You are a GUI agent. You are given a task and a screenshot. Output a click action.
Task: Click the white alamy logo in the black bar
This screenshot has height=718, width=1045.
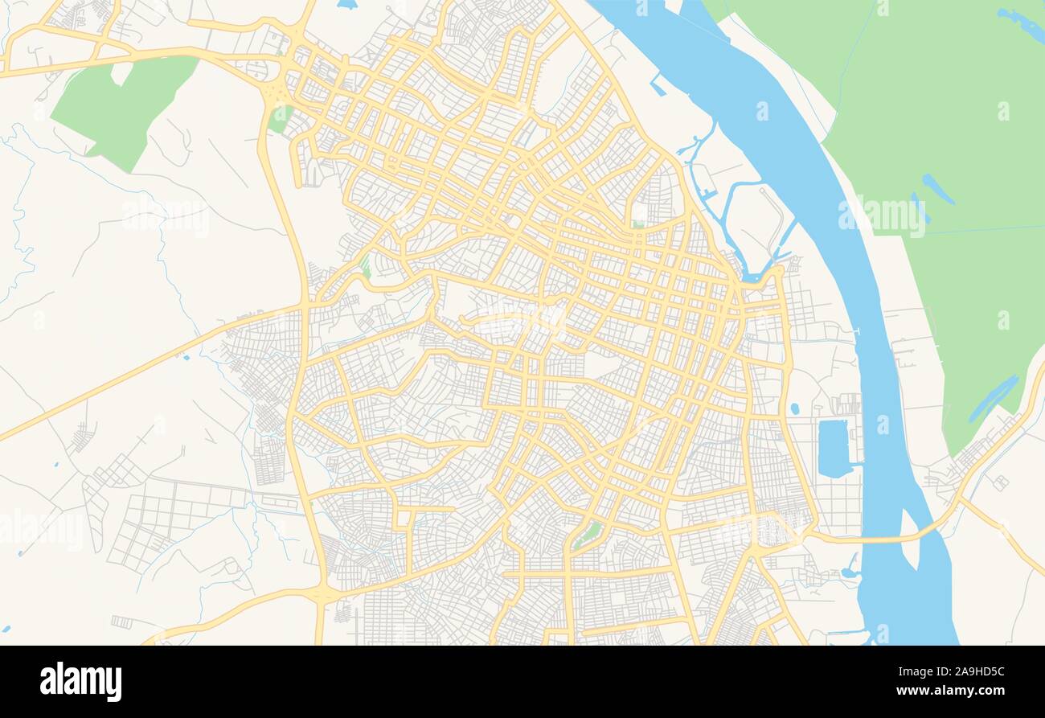[80, 681]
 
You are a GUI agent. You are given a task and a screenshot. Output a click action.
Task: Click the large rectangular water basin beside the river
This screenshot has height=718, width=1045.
[833, 447]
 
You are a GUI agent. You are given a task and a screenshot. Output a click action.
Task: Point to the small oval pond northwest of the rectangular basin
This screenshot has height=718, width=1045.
[794, 408]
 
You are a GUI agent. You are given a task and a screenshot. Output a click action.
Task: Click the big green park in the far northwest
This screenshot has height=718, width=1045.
[121, 109]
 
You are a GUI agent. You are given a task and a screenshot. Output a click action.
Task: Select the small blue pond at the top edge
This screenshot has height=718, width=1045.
[346, 4]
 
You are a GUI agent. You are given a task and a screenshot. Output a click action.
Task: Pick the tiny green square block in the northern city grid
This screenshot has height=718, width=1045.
[637, 224]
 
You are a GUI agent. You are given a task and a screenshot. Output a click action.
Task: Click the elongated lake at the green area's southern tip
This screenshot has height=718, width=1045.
[992, 398]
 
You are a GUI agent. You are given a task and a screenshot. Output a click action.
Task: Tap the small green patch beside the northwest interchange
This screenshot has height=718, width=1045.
[280, 118]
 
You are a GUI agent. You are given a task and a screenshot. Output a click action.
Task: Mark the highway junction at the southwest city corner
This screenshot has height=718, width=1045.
[323, 594]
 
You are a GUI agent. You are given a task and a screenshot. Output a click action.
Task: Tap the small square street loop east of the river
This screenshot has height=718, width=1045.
[1000, 482]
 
